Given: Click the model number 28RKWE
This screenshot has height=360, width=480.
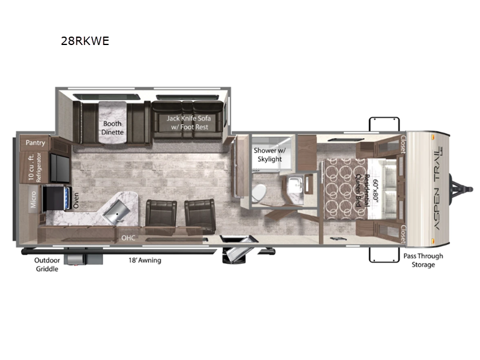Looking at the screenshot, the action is coord(85,41).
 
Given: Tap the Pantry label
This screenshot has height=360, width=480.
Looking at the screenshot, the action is coord(35,143).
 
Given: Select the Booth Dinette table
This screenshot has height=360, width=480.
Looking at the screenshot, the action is coord(112,122).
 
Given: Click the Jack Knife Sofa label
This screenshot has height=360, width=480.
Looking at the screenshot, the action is coord(188,122).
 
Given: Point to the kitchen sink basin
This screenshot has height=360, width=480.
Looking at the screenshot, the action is coord(116,213).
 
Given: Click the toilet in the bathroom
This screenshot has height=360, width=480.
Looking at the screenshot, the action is coord(259,193).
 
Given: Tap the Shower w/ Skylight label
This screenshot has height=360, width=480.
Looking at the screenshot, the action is coord(269,155).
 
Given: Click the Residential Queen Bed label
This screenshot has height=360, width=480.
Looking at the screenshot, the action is coord(362,190).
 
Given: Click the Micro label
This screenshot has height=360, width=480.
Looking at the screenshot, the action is coord(33,200).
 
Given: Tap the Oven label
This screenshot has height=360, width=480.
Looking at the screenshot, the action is coord(76,200).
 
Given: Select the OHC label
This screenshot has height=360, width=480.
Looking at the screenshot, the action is coord(128,238).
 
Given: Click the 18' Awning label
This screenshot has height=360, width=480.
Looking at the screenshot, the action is coord(145,260).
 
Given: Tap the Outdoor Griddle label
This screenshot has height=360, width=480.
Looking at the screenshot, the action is coord(47,265).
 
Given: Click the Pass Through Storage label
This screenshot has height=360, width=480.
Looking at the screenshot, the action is coord(423,260).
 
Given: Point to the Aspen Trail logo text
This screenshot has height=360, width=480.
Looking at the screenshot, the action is coord(439,188).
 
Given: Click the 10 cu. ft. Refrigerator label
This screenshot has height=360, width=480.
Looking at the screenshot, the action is coord(34,167).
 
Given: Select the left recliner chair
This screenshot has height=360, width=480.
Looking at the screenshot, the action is coord(161,217).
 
